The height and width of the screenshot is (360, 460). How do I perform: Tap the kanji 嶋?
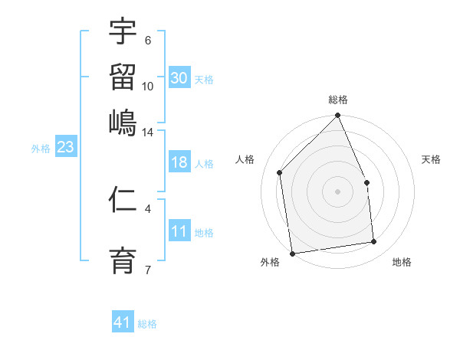(123, 122)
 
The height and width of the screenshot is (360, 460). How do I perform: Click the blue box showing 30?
(179, 78)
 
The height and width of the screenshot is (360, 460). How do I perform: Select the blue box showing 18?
(179, 163)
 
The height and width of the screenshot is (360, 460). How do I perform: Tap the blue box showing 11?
(179, 232)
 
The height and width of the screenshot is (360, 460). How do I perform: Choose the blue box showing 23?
(64, 148)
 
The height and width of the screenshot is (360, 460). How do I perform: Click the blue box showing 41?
(123, 323)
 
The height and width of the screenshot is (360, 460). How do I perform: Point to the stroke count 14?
(147, 132)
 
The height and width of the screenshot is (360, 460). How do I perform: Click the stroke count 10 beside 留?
(147, 86)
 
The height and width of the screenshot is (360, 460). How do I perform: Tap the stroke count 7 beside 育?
(147, 268)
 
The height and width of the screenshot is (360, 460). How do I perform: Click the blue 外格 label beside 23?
(40, 149)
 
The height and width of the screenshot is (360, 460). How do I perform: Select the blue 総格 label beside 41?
(147, 324)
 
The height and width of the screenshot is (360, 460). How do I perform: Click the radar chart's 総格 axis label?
(337, 100)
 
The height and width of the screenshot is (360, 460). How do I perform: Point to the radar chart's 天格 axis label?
(432, 159)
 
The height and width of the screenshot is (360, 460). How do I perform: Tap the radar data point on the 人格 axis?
(280, 172)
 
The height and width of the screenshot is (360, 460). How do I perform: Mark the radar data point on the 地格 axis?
(374, 242)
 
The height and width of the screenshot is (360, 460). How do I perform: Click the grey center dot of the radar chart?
(337, 191)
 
